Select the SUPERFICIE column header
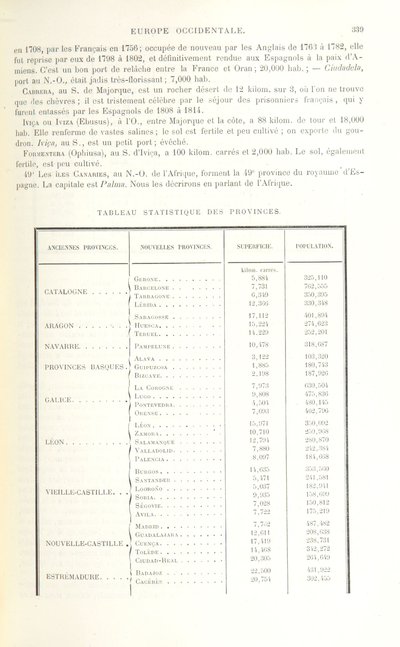point(255,247)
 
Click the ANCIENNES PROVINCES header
point(83,248)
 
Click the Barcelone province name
point(152,288)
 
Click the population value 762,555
point(316,286)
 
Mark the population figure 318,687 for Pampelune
point(316,345)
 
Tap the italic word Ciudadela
point(344,69)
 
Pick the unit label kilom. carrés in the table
point(259,270)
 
